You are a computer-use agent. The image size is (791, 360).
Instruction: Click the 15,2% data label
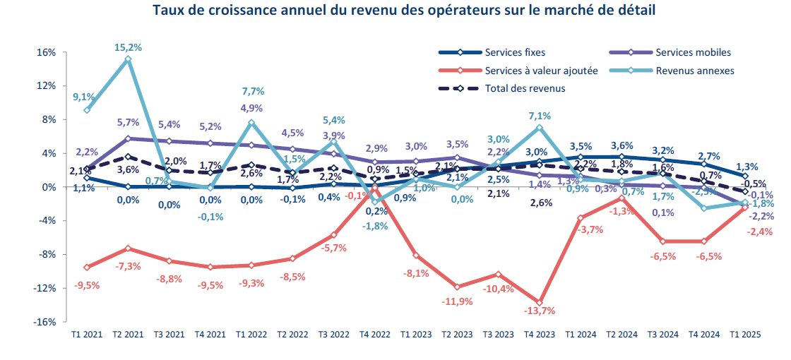tap(128, 47)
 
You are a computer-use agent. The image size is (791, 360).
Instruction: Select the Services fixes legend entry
tap(515, 52)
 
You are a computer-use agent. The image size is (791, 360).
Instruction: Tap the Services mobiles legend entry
tap(693, 52)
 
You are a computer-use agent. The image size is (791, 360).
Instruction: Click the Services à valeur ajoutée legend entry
tap(541, 71)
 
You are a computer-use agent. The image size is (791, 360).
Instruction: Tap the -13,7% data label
tap(540, 311)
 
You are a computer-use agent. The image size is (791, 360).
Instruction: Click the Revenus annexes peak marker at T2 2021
tap(128, 59)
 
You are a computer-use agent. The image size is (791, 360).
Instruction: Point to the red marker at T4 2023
tap(540, 301)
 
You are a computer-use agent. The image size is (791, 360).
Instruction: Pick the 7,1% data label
tap(540, 115)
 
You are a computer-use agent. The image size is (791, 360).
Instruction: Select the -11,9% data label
tap(457, 301)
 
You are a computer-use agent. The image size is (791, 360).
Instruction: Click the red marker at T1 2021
tap(87, 267)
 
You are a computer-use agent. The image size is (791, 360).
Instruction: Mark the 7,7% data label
tap(252, 91)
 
